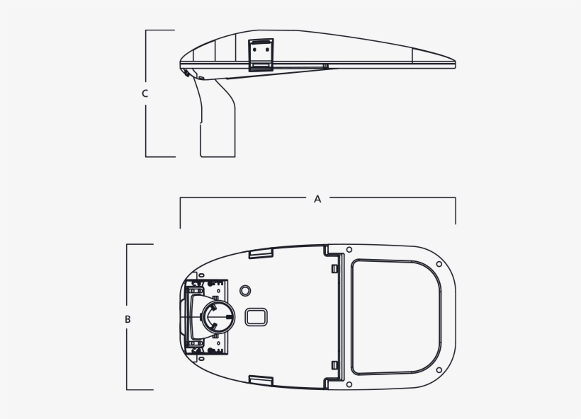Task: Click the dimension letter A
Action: point(317,200)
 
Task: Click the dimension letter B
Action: point(128,319)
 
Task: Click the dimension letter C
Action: point(145,93)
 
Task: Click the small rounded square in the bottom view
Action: point(255,316)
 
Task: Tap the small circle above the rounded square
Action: point(246,291)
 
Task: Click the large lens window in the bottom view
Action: point(397,316)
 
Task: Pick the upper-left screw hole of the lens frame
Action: point(350,250)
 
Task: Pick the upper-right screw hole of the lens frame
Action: point(439,265)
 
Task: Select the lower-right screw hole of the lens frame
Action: point(439,369)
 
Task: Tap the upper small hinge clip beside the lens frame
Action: point(333,268)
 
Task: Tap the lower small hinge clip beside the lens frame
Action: point(333,365)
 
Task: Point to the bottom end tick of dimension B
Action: point(140,389)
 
